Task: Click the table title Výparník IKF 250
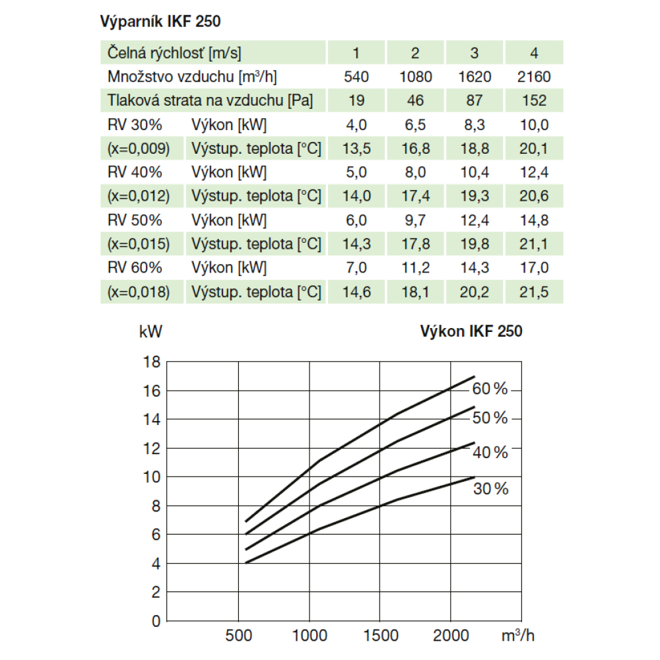(x=160, y=21)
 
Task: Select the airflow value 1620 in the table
(x=475, y=77)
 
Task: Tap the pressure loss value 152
(x=533, y=100)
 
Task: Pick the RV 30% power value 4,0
(x=356, y=125)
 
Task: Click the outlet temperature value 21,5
(x=533, y=292)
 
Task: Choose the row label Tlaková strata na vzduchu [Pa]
(x=210, y=100)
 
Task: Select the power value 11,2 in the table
(x=416, y=268)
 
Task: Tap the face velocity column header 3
(x=475, y=53)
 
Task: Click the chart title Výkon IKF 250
(x=471, y=331)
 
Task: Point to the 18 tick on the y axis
(x=152, y=362)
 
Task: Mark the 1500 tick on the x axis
(x=379, y=636)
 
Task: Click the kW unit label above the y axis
(x=150, y=332)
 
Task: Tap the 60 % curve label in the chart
(x=490, y=389)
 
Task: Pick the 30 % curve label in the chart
(x=490, y=489)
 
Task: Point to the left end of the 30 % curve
(x=246, y=563)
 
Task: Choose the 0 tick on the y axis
(x=156, y=621)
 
